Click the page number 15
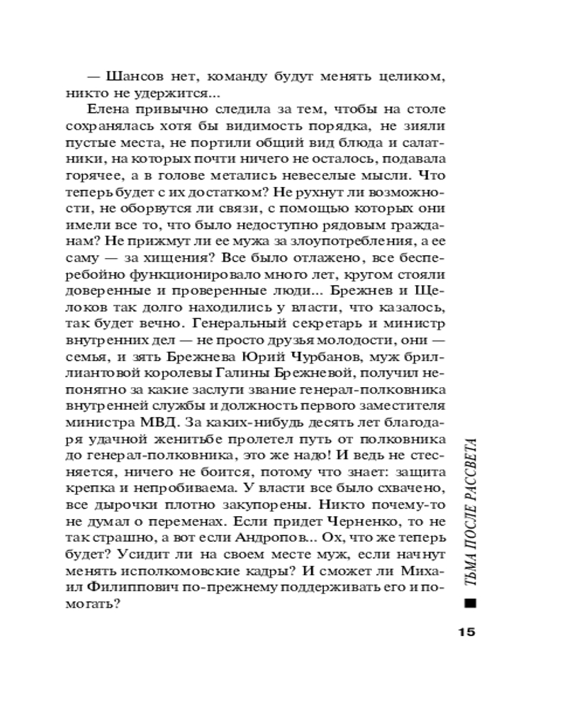pos(464,633)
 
